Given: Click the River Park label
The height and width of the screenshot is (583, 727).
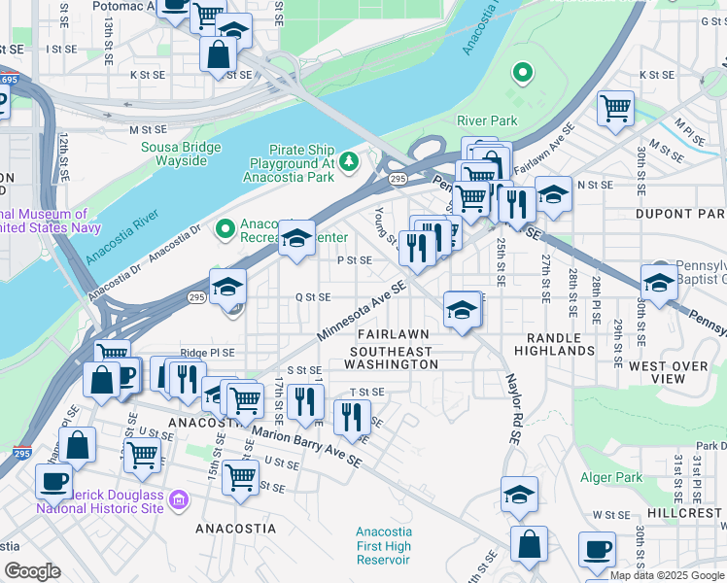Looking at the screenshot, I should point(487,120).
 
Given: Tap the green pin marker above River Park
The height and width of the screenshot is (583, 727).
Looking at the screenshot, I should point(522,72).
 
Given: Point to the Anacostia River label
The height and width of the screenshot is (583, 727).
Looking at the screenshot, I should point(121,238).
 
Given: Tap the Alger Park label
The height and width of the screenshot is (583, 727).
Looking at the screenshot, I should point(611,477).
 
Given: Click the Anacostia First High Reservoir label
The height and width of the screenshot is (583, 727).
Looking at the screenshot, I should point(384,545).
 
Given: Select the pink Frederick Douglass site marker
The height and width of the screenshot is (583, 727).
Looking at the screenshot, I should point(178,499).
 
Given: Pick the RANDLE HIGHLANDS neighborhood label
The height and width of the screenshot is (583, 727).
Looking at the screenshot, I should point(554,342).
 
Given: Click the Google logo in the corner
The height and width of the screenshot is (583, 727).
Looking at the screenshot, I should point(32,571).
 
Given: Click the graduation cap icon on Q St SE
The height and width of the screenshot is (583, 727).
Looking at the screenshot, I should point(227,287).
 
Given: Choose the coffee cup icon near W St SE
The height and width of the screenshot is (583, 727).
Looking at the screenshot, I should point(597,549).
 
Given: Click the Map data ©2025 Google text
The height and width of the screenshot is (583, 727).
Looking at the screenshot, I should point(667,575).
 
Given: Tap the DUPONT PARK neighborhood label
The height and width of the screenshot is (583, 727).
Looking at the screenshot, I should point(680,213).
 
